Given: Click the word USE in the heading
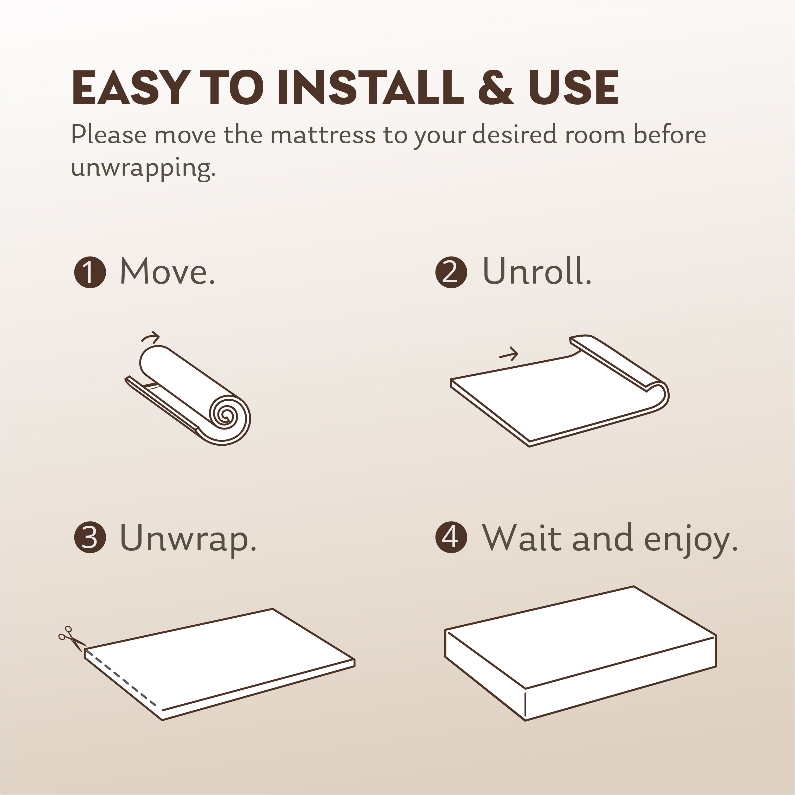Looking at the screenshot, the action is (573, 88).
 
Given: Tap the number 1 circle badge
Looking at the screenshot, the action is (90, 272).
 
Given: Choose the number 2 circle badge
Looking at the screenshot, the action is (451, 272).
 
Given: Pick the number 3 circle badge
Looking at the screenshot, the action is (90, 537).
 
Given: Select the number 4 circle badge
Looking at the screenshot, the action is (451, 537).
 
